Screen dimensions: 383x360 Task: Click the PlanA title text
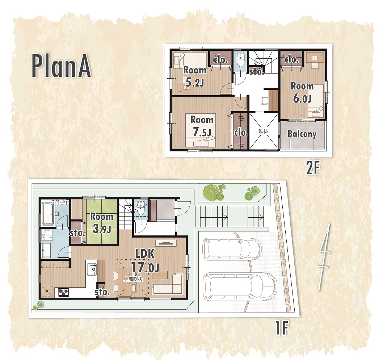62,66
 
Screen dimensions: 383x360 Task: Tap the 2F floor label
313,168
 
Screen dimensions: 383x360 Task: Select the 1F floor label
282,328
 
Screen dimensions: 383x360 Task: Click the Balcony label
302,134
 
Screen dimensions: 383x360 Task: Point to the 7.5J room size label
202,132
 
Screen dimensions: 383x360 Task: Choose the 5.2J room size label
195,83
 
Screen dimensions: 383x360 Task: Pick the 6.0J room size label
302,99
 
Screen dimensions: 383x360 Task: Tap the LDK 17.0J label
145,261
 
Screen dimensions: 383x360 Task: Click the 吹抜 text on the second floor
264,131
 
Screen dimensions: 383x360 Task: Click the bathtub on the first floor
48,213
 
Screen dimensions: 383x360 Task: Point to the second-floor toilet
241,59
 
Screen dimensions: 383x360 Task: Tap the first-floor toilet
140,208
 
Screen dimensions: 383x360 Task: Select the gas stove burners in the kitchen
63,292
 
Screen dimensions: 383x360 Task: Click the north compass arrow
325,257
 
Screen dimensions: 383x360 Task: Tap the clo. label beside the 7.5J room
241,133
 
